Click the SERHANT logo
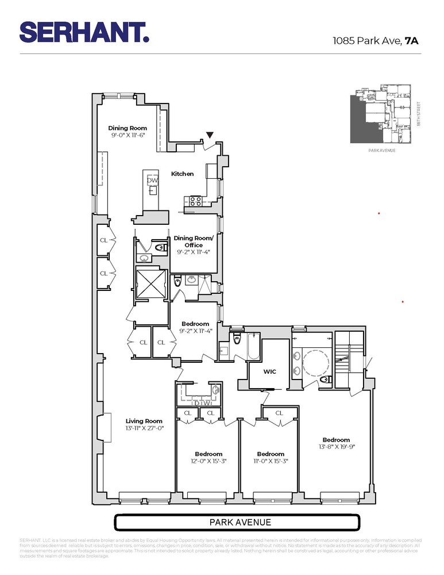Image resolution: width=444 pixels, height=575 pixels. tap(84, 32)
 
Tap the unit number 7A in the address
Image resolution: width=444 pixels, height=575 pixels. tap(412, 41)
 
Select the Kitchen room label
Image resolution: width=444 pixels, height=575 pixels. tap(182, 174)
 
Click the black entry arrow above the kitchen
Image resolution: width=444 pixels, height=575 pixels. tap(210, 135)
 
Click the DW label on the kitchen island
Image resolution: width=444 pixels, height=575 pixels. tap(152, 181)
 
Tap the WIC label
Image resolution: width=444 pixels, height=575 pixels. tap(269, 371)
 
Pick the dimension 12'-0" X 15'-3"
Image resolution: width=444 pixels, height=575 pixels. tap(208, 461)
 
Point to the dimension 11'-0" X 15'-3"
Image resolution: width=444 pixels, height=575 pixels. tap(270, 461)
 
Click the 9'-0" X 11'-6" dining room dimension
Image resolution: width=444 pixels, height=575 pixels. tap(128, 136)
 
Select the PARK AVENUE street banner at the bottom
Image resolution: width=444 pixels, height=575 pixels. tap(237, 523)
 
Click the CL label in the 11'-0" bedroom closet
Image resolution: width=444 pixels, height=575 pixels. tap(279, 413)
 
